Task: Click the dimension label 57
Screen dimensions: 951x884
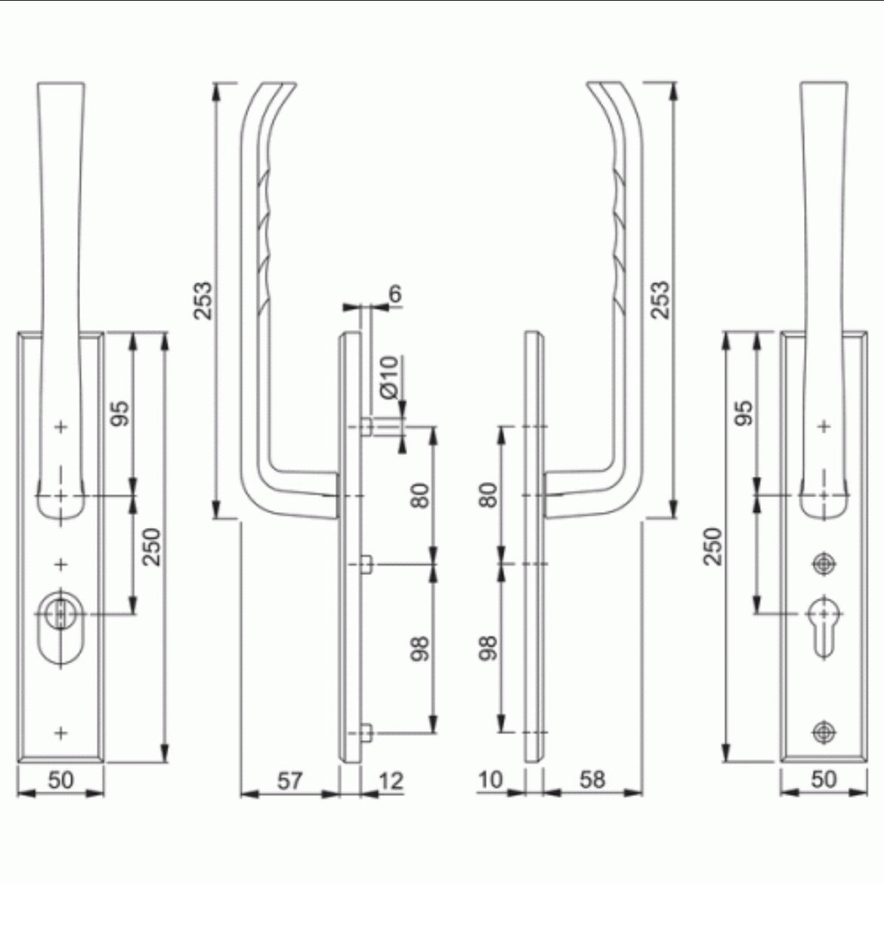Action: (x=289, y=780)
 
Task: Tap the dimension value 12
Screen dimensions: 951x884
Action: (x=390, y=780)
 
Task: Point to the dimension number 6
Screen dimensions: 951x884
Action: (x=396, y=293)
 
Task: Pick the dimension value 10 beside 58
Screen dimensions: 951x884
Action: (x=491, y=780)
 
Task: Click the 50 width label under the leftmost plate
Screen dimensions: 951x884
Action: (x=60, y=780)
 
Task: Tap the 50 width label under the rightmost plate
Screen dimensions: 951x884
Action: (x=824, y=780)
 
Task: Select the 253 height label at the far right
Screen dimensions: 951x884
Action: (x=660, y=300)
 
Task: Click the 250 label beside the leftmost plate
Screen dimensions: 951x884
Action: (x=151, y=546)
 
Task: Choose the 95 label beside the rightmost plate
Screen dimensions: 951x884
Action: (x=744, y=412)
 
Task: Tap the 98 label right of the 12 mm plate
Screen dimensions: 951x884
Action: (x=420, y=648)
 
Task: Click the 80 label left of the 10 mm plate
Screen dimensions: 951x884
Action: (x=489, y=495)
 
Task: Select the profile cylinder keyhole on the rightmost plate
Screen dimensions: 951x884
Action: (x=824, y=619)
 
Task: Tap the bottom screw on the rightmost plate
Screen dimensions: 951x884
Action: (x=824, y=731)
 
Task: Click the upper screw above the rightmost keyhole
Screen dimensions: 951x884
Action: (x=824, y=563)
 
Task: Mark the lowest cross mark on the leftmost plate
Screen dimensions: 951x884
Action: (x=61, y=732)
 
